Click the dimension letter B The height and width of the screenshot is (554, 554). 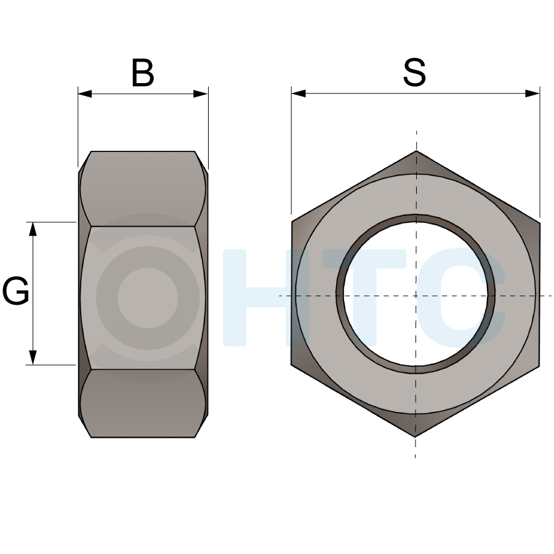point(143,73)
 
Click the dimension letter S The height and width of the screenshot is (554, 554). point(414,73)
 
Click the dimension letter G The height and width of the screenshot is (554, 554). point(15,291)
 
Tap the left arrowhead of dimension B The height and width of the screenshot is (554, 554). point(85,94)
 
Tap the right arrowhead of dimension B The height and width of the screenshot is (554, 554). point(201,94)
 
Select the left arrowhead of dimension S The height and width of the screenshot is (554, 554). point(299,94)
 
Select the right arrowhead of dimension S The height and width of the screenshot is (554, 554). point(532,94)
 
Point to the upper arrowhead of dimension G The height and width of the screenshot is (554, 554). point(33,229)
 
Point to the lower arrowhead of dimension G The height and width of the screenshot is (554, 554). point(33,358)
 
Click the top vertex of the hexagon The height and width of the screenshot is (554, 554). point(416,151)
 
